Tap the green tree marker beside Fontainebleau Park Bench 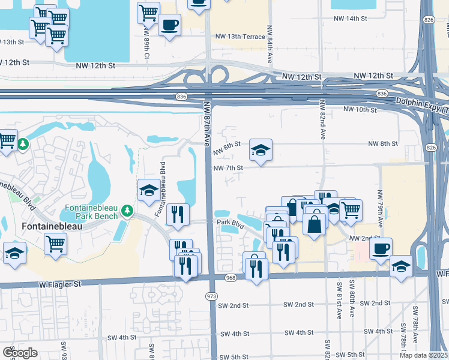127,211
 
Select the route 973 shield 211,296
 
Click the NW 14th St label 353,19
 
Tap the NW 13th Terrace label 240,37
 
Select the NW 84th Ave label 271,48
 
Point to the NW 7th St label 228,168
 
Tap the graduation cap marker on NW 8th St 261,151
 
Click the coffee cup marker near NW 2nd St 381,249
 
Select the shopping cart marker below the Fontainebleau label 55,244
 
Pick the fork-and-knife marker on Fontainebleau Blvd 178,214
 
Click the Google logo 20,352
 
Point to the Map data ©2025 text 423,355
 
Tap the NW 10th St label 360,110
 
